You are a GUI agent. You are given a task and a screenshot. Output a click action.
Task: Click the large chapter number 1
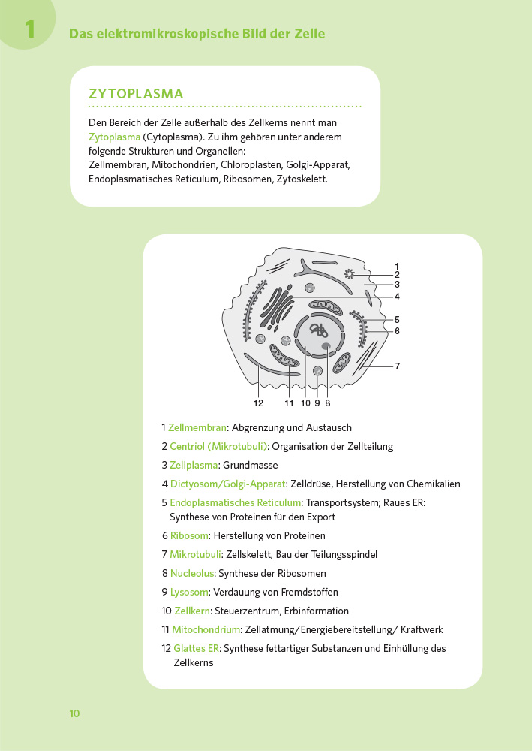[29, 29]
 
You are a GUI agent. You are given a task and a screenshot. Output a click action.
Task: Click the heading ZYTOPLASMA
[136, 94]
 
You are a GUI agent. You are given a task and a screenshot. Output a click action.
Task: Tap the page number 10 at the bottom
[74, 713]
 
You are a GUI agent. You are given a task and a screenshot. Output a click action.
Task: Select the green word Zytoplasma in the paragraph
[114, 137]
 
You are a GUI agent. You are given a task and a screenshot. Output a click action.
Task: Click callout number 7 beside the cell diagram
[397, 366]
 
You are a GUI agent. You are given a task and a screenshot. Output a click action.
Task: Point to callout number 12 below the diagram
[259, 403]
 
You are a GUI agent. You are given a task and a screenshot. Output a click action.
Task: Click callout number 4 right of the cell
[397, 296]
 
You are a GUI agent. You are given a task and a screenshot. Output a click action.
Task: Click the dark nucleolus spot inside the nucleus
[327, 346]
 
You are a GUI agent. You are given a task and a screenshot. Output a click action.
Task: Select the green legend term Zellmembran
[197, 427]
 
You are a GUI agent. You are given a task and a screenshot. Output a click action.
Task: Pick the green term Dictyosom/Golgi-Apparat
[228, 484]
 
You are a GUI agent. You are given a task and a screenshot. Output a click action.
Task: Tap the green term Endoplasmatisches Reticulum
[236, 502]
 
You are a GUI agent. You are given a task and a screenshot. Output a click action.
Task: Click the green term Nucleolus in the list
[191, 574]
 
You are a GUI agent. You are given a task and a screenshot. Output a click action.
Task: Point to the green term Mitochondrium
[206, 629]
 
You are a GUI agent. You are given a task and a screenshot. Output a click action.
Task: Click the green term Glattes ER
[196, 648]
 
